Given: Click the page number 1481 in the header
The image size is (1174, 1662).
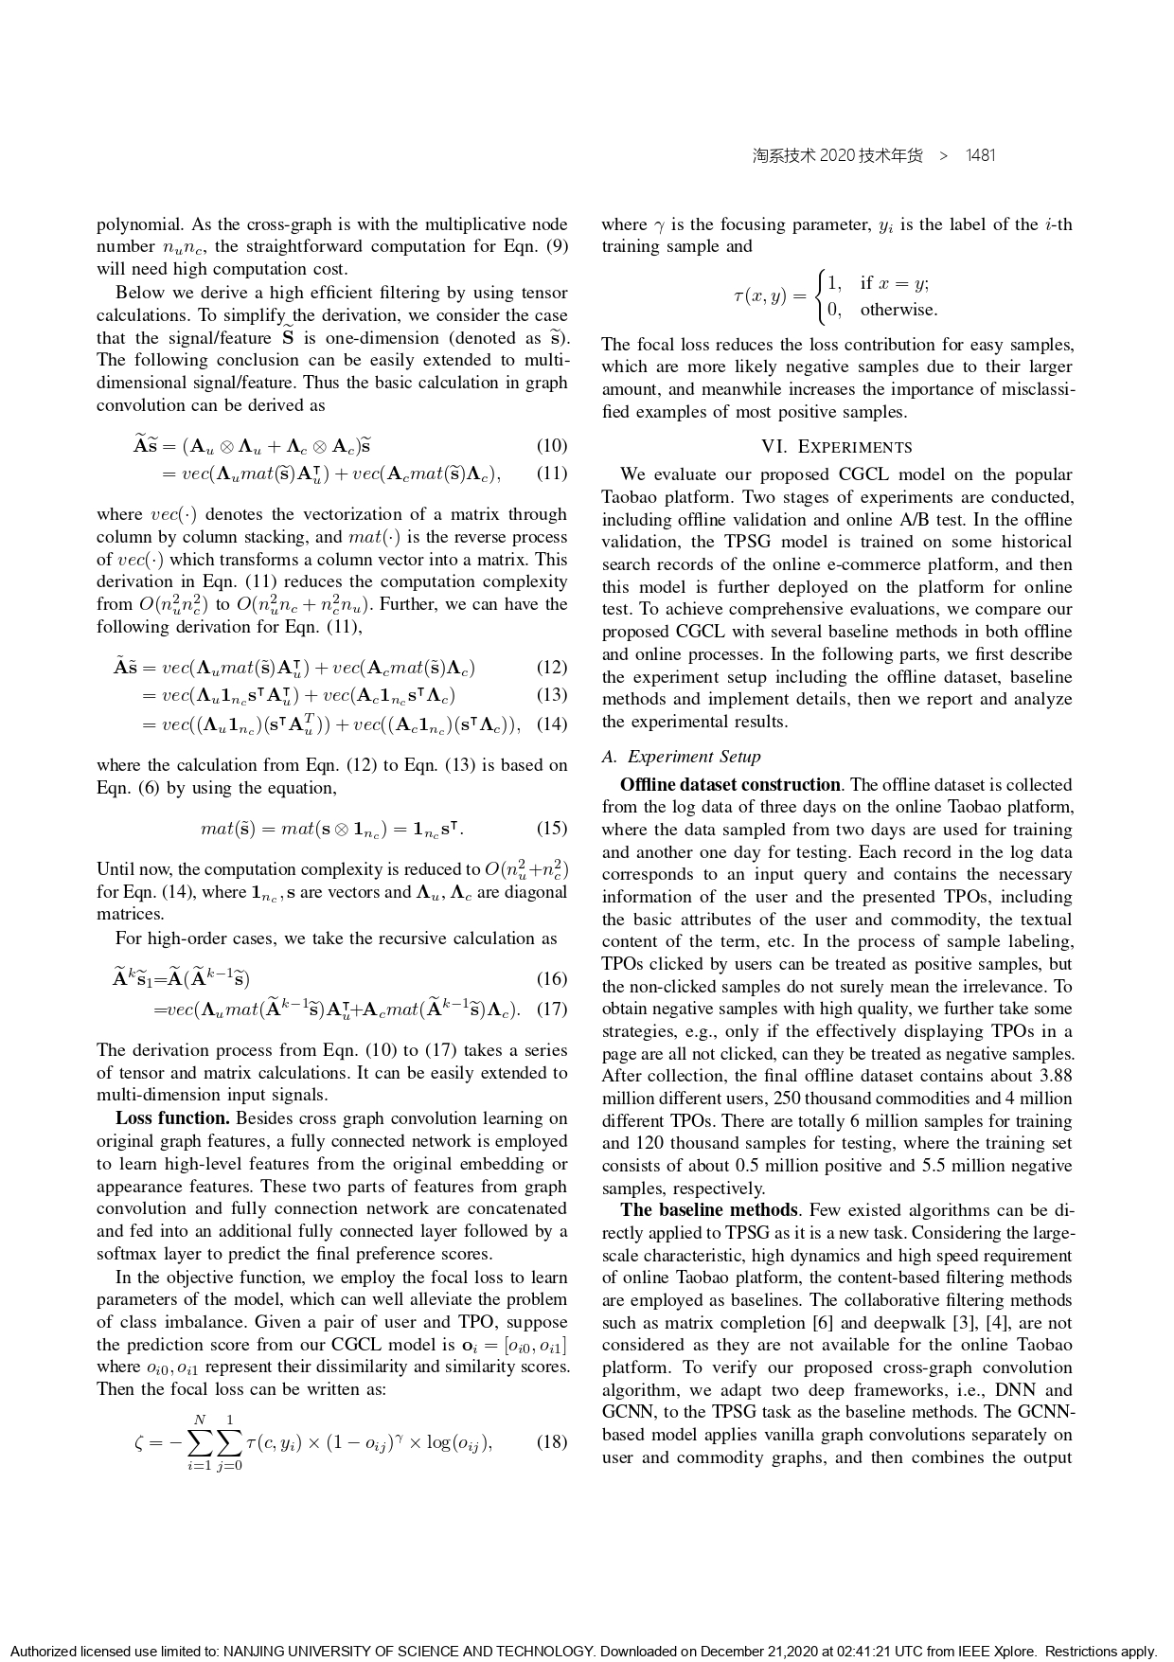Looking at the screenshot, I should [980, 155].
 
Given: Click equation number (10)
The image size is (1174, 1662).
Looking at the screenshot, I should [551, 446].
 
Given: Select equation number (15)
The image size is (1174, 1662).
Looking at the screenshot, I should [551, 829].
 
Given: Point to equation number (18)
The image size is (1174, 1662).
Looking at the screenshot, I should [551, 1442].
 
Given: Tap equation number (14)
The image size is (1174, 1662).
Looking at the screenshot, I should [551, 724].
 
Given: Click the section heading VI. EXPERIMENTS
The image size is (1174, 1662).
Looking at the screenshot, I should [837, 447].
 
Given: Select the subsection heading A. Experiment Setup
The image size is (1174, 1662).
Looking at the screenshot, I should [681, 757].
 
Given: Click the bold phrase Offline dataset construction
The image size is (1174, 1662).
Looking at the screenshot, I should [730, 785].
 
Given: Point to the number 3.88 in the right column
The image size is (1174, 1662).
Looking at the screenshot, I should [1053, 1076].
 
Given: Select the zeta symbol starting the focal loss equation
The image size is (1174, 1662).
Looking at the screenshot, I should [141, 1443].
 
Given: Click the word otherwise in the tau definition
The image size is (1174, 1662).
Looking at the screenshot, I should [898, 310].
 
